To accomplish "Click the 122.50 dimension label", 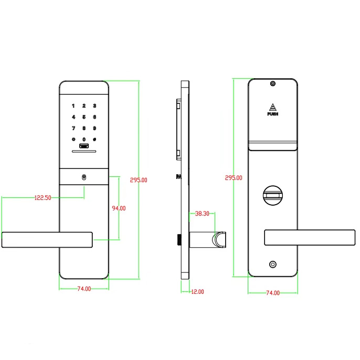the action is click(43, 198).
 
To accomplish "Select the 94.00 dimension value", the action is click(119, 208).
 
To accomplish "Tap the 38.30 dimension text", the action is click(202, 214).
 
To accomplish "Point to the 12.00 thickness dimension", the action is click(197, 292).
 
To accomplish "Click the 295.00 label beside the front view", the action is click(139, 180).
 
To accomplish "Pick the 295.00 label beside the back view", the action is click(234, 178).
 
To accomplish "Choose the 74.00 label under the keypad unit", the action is click(84, 289).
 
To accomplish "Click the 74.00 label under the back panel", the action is click(273, 293).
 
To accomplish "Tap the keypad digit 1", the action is click(73, 106).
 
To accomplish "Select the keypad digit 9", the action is click(94, 128).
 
